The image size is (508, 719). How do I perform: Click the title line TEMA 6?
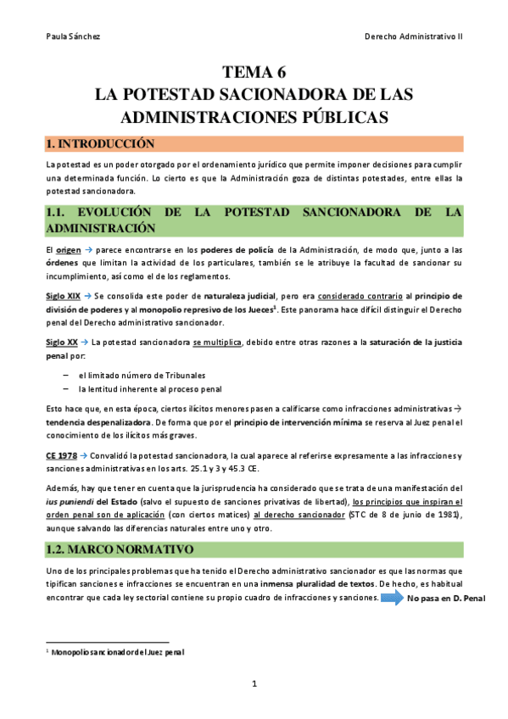254,72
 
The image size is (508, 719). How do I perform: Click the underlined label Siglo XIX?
63,296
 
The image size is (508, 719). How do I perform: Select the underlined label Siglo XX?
61,343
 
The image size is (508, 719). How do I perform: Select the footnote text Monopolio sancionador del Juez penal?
118,652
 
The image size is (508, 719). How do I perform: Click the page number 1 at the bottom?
254,683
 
